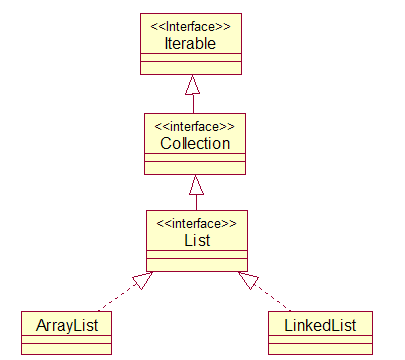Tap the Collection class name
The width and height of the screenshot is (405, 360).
(196, 143)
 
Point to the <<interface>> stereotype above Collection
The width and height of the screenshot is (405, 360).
(196, 127)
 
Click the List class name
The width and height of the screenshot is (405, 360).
(197, 240)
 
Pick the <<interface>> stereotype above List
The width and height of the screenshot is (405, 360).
(197, 224)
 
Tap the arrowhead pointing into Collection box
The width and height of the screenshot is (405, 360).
(196, 185)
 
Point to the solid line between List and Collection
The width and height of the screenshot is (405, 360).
(196, 203)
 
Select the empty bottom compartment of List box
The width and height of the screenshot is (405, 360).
(197, 266)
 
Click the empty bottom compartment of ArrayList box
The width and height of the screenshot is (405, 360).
(67, 348)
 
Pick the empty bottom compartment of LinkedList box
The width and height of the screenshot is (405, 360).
(320, 348)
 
